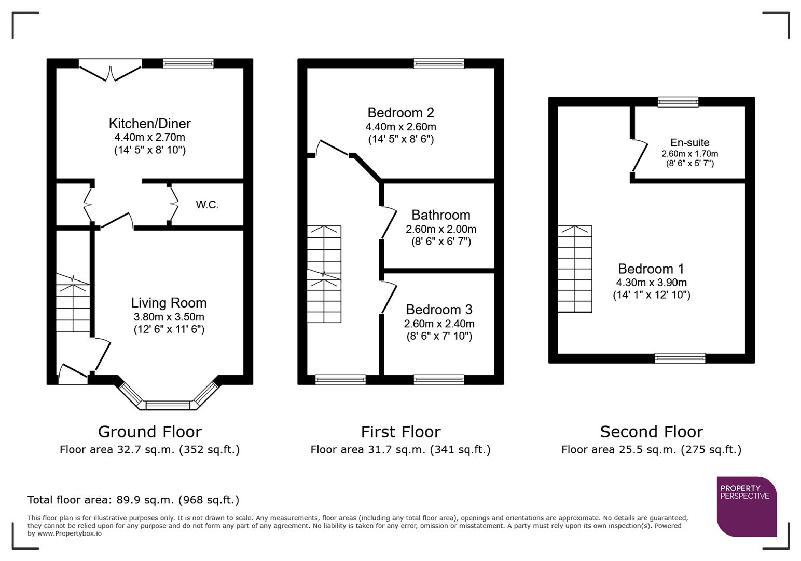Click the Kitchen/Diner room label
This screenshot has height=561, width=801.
(x=149, y=124)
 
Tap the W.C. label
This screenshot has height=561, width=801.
(x=207, y=205)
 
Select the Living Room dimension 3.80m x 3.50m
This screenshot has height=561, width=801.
(x=169, y=317)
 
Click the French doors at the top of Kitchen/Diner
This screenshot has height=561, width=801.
(x=111, y=71)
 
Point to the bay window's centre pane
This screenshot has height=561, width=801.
(x=168, y=405)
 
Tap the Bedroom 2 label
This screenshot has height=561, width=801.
(x=400, y=113)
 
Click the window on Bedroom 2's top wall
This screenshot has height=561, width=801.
(x=439, y=63)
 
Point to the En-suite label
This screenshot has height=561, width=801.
(x=689, y=142)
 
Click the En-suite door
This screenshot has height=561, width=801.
(x=639, y=155)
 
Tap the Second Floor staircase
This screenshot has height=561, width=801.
(x=575, y=269)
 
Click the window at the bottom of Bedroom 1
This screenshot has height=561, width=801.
(x=680, y=358)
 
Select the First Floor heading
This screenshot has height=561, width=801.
(x=400, y=432)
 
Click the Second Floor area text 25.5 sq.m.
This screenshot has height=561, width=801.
(x=651, y=450)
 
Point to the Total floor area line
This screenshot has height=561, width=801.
(x=133, y=500)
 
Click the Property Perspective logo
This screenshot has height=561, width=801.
(x=746, y=506)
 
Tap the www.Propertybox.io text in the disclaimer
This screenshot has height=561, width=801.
(x=69, y=533)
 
